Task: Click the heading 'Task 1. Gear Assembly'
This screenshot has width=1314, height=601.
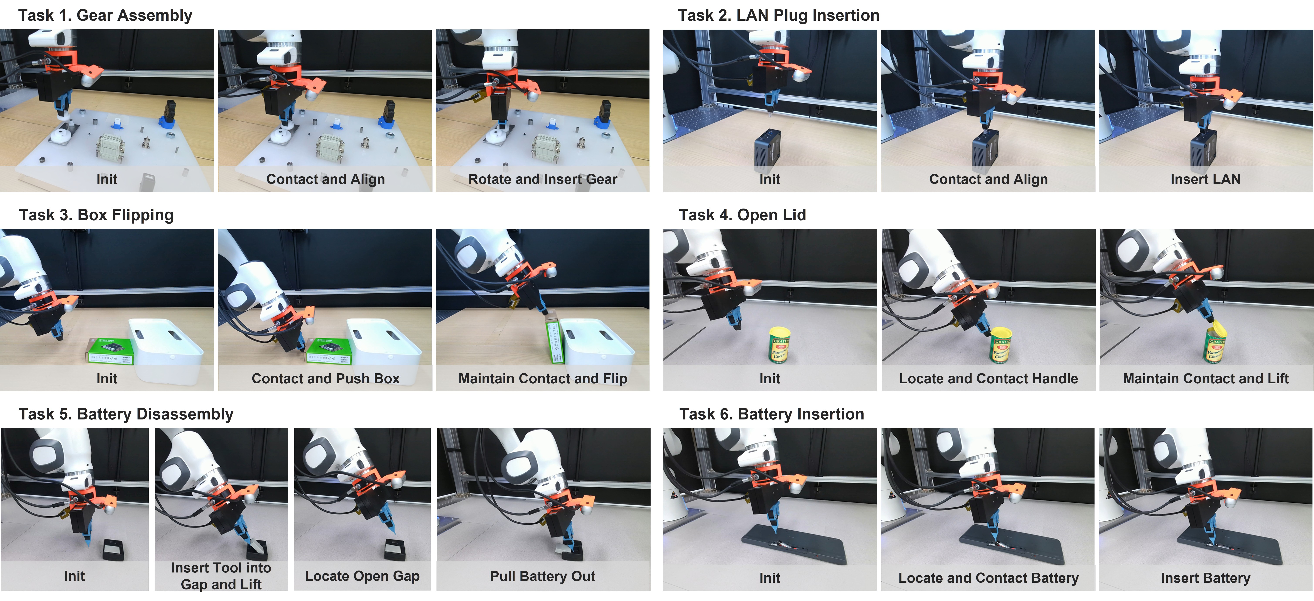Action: tap(105, 15)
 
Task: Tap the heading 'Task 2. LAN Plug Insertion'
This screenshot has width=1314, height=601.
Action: tap(778, 15)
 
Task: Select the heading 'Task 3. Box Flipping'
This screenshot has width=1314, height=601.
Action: tap(96, 215)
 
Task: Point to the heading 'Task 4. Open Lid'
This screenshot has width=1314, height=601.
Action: tap(742, 215)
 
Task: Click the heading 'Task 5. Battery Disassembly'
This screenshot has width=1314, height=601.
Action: tap(126, 414)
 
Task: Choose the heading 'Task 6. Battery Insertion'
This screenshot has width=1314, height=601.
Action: tap(772, 414)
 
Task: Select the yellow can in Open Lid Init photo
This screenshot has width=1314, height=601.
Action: tap(779, 345)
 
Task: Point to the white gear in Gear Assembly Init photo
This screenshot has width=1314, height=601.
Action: tap(60, 136)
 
